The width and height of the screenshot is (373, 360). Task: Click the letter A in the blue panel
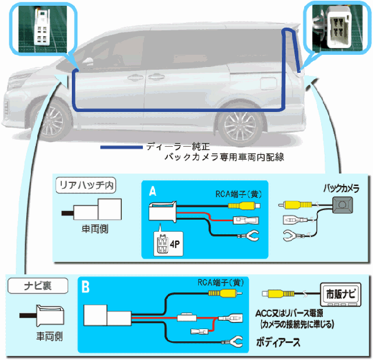[x=152, y=191]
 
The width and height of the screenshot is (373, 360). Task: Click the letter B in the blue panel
[x=86, y=287]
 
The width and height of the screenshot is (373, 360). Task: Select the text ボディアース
[x=279, y=342]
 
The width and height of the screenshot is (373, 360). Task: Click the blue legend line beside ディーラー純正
[x=122, y=147]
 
